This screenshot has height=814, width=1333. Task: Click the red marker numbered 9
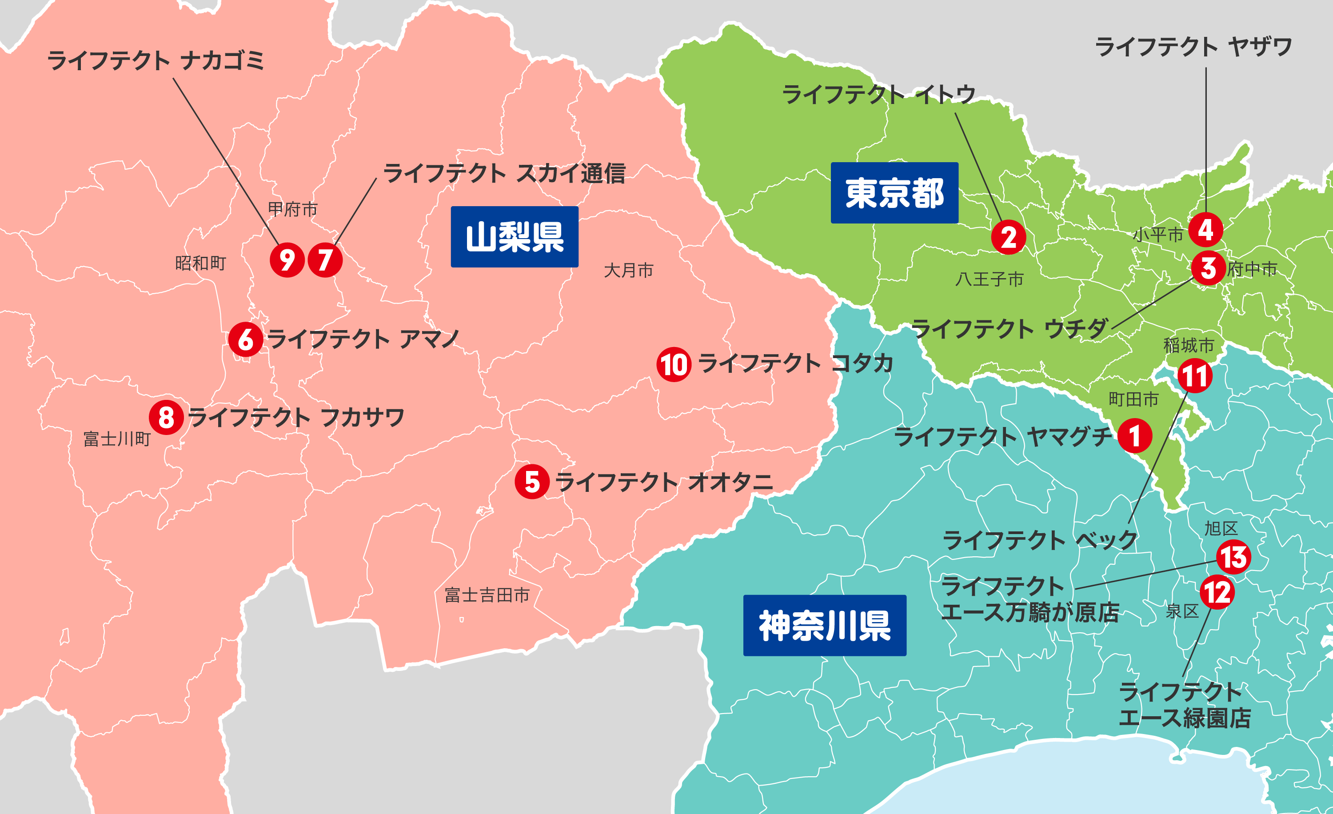pos(287,260)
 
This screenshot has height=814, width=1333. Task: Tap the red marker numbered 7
pos(325,260)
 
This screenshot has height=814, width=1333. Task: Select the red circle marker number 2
pos(1008,237)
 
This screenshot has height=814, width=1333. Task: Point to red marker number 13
pos(1233,557)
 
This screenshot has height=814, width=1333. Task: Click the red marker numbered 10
pos(674,364)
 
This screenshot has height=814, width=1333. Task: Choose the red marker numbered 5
pos(532,481)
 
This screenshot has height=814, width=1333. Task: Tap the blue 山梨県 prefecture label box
pos(515,237)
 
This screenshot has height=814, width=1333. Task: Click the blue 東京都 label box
pos(894,193)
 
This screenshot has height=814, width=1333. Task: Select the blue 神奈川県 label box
pos(825,626)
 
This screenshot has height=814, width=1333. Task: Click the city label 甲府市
pos(293,209)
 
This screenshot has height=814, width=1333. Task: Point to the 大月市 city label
pos(629,270)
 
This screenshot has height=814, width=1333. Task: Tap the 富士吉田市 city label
pos(487,595)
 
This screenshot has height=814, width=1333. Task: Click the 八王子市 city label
pos(990,279)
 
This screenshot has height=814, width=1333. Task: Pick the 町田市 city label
pos(1133,399)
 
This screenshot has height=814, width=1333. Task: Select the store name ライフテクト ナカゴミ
pos(156,60)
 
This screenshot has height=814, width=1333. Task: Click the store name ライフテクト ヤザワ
pos(1193,47)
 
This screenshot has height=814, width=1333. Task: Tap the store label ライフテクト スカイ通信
pos(504,174)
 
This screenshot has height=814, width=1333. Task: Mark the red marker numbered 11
pos(1194,376)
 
